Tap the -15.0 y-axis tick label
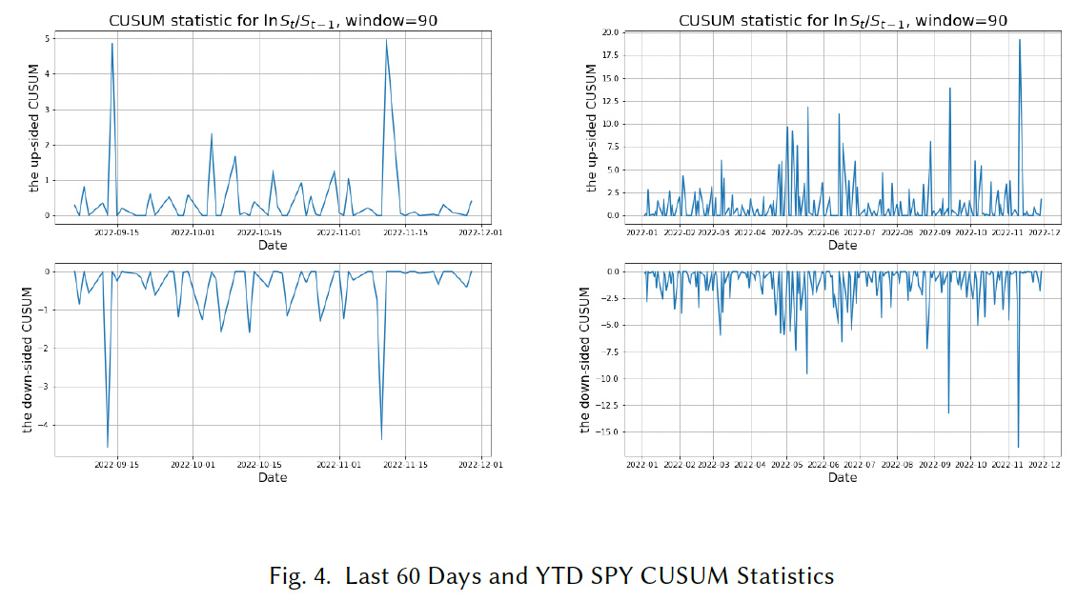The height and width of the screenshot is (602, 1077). [607, 431]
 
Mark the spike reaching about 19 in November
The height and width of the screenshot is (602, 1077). [1020, 40]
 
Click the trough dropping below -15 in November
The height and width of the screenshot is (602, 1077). [1018, 447]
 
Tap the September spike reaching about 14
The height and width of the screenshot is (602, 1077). [949, 89]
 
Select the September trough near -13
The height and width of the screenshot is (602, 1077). [948, 412]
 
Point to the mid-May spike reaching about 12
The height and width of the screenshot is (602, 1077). [808, 107]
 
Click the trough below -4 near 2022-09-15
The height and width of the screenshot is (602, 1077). [108, 447]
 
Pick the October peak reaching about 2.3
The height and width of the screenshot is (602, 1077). [212, 134]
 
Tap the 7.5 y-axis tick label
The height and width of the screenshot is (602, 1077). [611, 147]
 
